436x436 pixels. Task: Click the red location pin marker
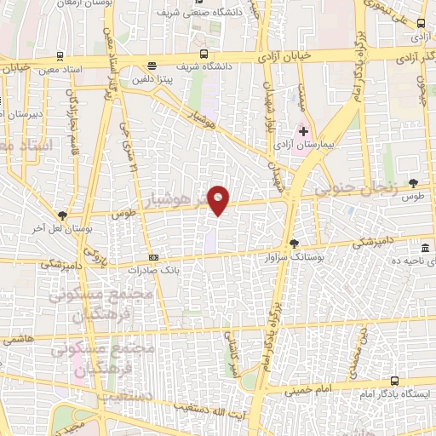tap(219, 200)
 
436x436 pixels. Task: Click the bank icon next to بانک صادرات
tap(153, 257)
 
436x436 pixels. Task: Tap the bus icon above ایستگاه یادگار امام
tap(394, 381)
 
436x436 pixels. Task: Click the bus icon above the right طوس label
tap(414, 183)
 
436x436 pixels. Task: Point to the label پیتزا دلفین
tap(152, 77)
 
